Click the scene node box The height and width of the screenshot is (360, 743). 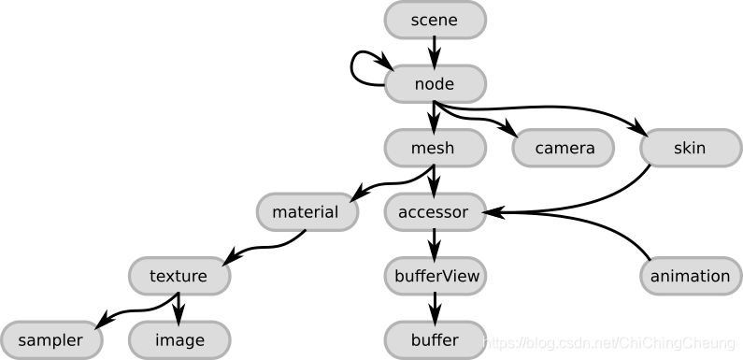coord(435,20)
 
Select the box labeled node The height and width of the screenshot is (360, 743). coord(435,84)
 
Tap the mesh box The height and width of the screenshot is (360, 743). coord(435,148)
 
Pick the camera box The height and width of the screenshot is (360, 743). coord(564,148)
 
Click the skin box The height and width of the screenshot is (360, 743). coord(690,148)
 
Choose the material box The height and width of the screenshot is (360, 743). coord(306,212)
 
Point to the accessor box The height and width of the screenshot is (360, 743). coord(435,212)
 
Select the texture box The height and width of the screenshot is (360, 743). coord(178,276)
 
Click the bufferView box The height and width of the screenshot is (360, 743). coord(435,276)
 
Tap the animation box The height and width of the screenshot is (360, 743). coord(690,276)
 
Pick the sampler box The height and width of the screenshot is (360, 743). coord(50,339)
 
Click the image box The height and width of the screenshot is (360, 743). coord(178,339)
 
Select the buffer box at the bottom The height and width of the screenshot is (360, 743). coord(435,339)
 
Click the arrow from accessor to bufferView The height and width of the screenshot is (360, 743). coord(435,244)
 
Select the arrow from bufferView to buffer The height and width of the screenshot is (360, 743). coord(435,308)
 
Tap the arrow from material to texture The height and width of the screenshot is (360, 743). coord(262,247)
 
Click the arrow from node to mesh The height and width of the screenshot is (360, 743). coord(435,116)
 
